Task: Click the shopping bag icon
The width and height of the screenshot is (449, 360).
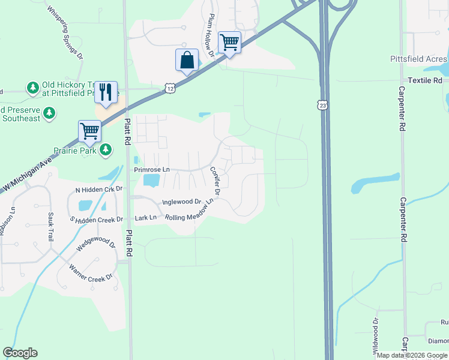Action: point(187,61)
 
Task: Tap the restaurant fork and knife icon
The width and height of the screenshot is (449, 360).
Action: point(106,92)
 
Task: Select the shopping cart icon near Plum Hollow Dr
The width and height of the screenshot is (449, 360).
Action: point(229,43)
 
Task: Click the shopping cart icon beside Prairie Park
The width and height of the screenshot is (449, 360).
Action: point(89,130)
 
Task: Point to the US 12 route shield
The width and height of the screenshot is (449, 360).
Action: point(170,88)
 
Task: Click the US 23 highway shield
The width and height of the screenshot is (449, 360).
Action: point(324,105)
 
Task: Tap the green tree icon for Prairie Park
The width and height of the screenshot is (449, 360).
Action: point(106,149)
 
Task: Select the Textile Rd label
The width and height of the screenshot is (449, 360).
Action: point(424,80)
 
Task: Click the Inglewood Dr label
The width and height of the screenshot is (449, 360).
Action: point(181,202)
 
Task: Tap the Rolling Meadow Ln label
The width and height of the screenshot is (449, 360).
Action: point(190,214)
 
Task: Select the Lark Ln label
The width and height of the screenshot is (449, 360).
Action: point(145,217)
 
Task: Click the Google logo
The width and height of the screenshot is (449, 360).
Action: point(20,353)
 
